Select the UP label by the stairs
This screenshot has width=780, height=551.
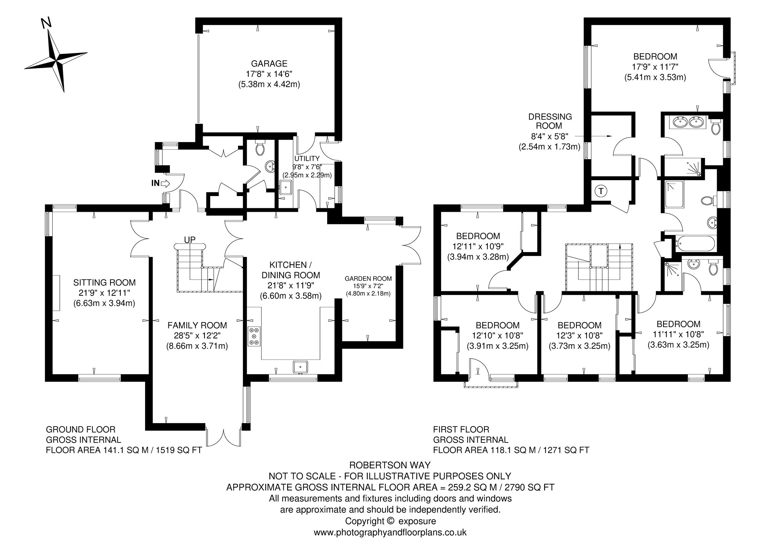[190, 240]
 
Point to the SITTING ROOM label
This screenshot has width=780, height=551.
[104, 283]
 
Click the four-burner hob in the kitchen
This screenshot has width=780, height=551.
[254, 336]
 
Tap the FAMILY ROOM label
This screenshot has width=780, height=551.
[197, 325]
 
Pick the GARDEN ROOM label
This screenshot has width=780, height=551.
[368, 279]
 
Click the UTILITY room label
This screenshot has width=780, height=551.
[307, 158]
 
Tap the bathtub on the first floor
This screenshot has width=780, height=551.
[695, 244]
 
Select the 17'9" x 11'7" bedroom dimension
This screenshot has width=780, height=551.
[655, 67]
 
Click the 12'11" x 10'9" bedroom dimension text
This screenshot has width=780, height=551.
[478, 246]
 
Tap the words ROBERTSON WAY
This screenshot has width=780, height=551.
[390, 465]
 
